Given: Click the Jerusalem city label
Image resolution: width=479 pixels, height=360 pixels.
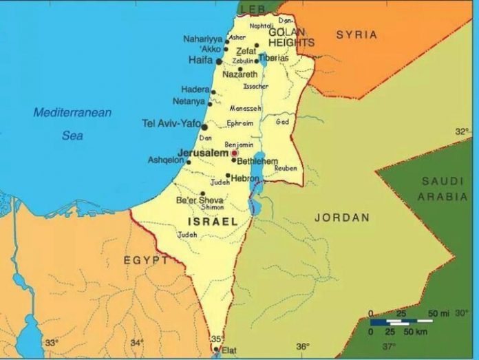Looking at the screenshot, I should click(202, 153).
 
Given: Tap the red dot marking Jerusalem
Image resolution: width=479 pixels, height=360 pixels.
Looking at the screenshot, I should click(234, 153).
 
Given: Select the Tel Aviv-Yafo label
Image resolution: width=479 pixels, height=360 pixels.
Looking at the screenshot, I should click(171, 123).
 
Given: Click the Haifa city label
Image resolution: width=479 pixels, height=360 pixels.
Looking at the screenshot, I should click(200, 61).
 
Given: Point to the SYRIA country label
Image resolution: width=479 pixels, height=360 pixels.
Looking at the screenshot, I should click(356, 34).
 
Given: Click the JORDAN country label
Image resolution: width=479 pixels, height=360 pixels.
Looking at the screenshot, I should click(342, 218).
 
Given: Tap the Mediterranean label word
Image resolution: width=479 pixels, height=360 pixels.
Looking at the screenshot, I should click(73, 112).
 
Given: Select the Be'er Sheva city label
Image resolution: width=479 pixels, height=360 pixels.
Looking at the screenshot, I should click(200, 200).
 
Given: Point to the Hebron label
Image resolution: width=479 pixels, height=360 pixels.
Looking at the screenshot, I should click(246, 178).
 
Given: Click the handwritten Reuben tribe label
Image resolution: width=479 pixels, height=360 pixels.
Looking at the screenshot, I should click(286, 168).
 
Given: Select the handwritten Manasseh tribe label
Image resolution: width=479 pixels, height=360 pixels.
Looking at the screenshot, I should click(246, 109).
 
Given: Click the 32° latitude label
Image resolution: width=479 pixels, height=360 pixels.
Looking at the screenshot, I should click(461, 131).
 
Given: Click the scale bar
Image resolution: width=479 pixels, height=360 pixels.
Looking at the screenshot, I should click(401, 321).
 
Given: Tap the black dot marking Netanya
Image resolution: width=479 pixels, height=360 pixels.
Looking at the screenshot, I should click(210, 104).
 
